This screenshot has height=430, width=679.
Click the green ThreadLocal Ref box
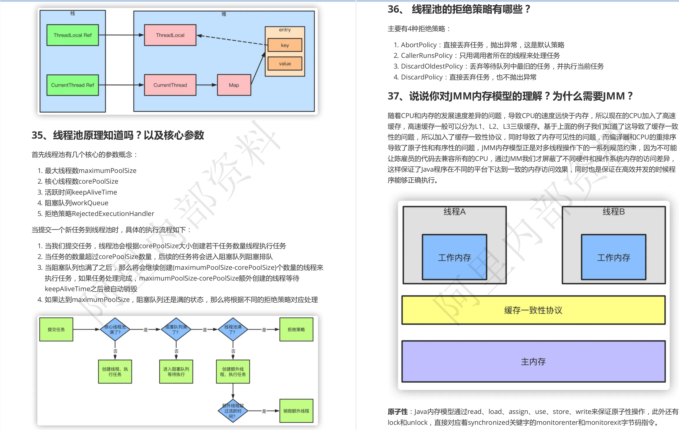point(72,35)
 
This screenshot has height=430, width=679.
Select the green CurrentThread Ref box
point(72,85)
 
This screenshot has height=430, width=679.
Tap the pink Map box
point(234,85)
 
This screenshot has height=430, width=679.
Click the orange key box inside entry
point(285,45)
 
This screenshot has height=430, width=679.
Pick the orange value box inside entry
point(285,64)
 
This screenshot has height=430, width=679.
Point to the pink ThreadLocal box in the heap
point(170,35)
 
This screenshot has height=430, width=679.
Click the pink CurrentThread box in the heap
point(170,85)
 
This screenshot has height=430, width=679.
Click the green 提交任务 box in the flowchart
point(56,329)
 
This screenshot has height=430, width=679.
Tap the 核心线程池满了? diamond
point(115,329)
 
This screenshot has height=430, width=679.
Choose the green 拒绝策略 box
point(296,329)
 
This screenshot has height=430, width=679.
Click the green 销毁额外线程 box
point(296,411)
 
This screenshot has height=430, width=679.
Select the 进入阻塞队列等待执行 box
point(176,371)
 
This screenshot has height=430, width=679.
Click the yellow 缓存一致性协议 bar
point(533,310)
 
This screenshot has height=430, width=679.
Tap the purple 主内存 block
point(533,362)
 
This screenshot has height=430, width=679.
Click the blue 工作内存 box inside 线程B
point(613,257)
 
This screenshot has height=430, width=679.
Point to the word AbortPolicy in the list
point(419,45)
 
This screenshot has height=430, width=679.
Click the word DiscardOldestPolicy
point(432,66)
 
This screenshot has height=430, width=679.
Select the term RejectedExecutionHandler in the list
point(113,214)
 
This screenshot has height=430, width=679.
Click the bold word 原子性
point(398,412)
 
